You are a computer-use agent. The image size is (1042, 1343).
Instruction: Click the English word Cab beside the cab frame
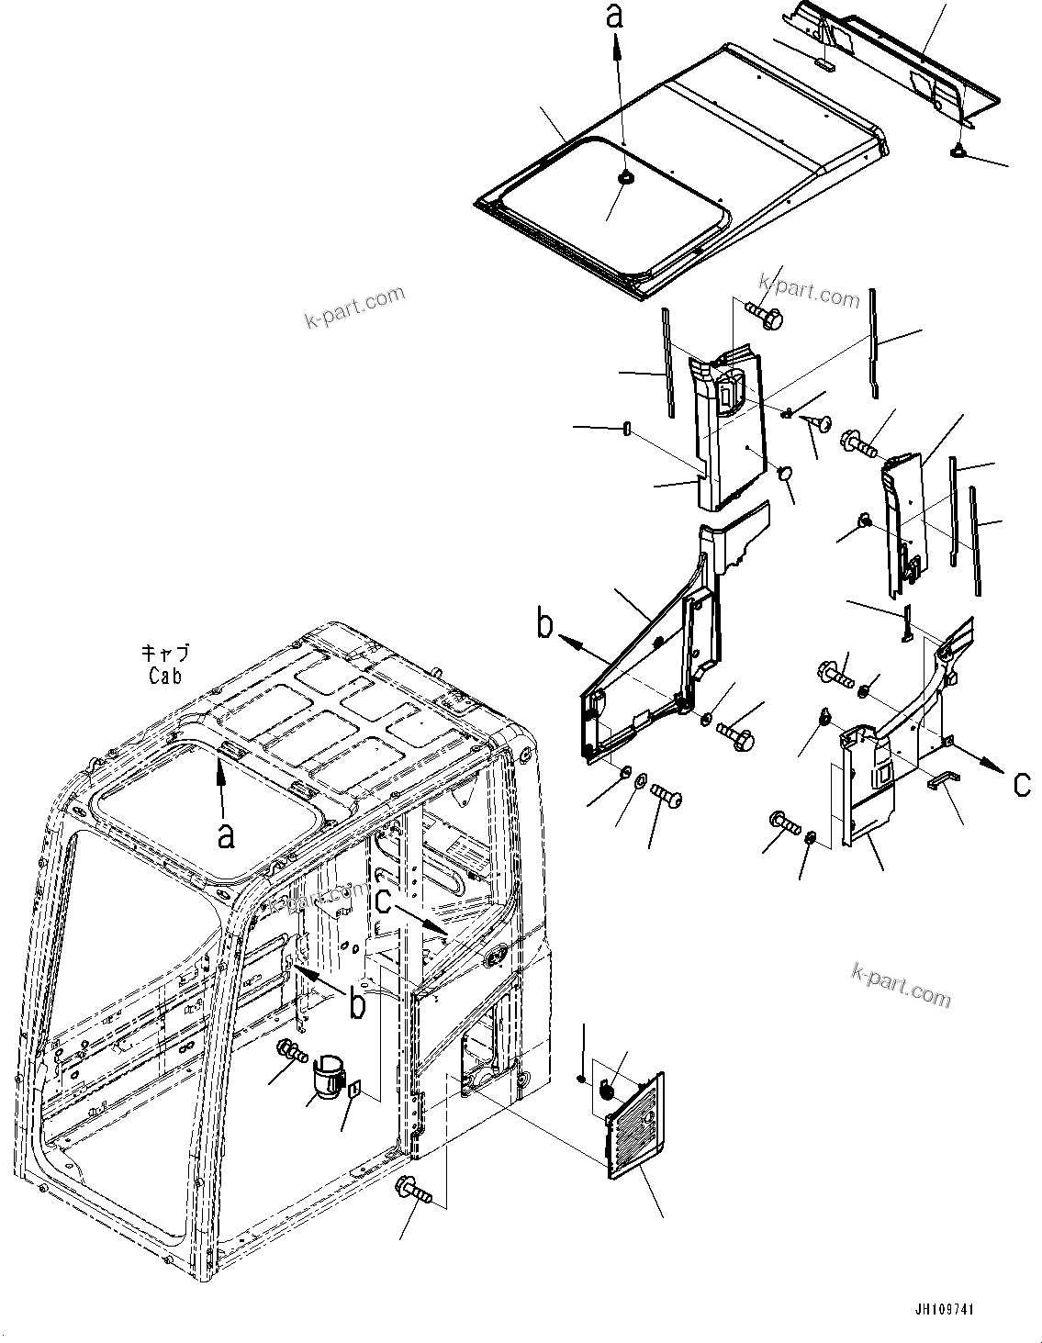pos(166,676)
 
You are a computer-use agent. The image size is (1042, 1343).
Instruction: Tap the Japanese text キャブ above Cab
pos(166,655)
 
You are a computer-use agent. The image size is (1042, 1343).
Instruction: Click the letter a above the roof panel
pos(616,16)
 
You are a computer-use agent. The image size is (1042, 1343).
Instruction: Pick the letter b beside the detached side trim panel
pos(546,626)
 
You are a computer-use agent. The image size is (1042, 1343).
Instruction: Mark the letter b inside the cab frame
pos(357,1003)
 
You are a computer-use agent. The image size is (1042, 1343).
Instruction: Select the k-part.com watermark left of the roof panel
pos(353,308)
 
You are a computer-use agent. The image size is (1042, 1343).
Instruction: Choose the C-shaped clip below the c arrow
pos(943,778)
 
